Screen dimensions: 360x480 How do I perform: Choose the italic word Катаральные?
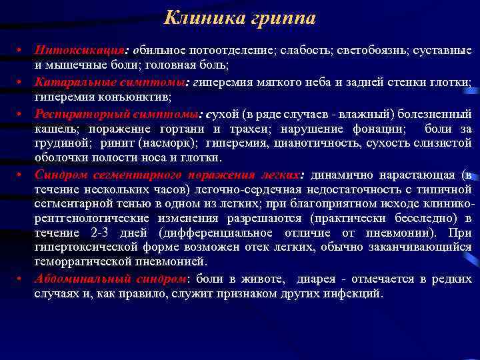[72, 81]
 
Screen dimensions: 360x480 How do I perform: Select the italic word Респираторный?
[79, 113]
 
